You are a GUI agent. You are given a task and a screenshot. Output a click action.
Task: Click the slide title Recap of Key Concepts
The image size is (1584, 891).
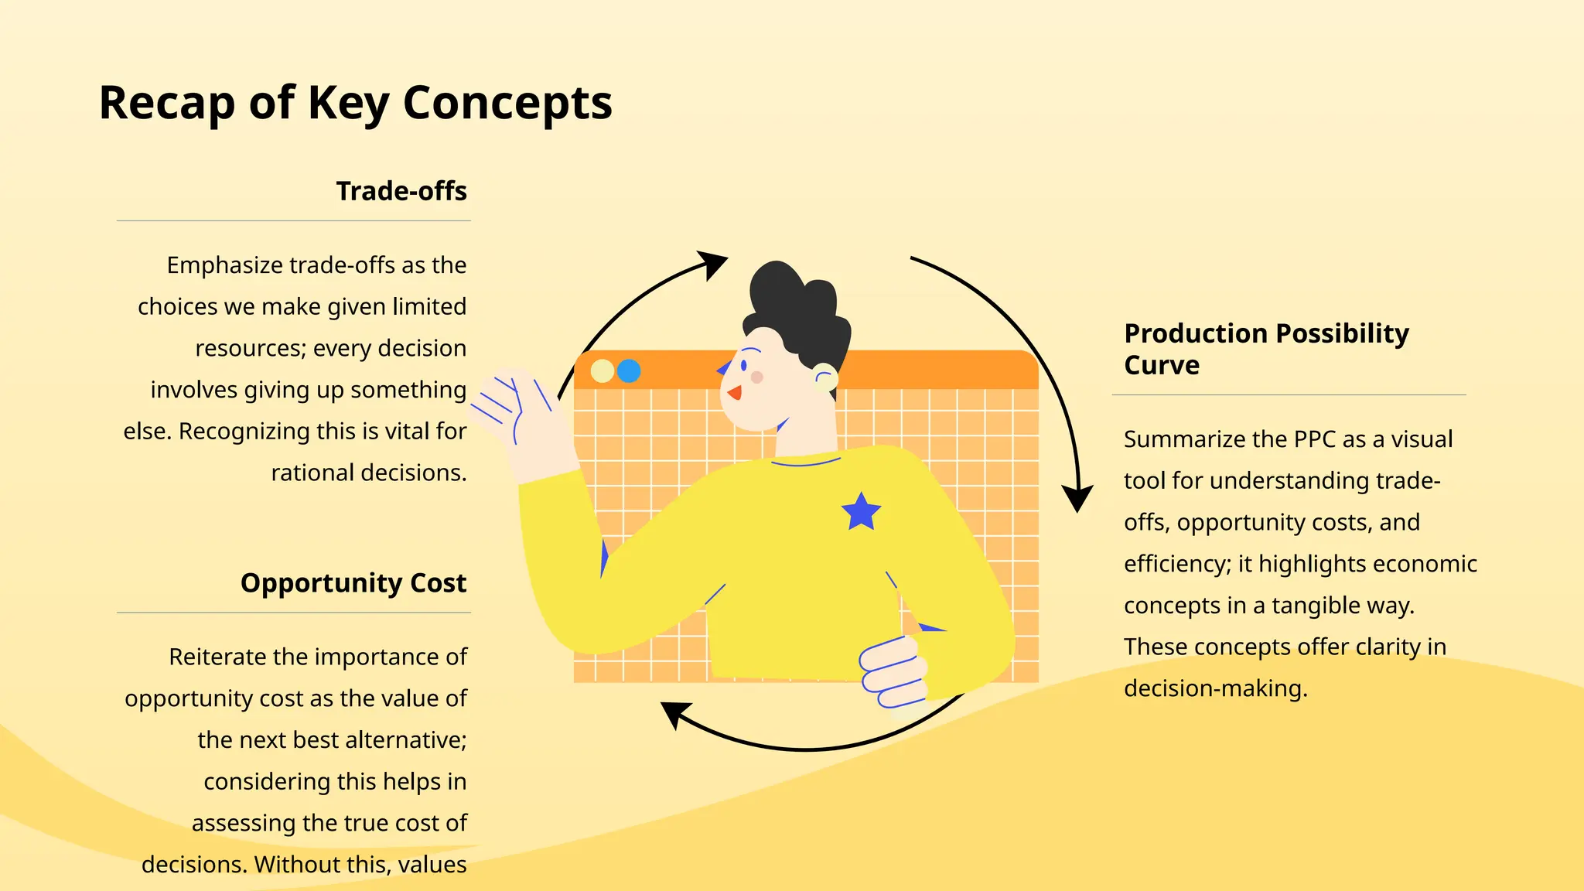pos(355,104)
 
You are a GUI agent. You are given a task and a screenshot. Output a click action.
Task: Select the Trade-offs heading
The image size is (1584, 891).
pos(401,191)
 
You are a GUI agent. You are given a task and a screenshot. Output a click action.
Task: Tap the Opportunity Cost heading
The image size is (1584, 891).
pos(353,582)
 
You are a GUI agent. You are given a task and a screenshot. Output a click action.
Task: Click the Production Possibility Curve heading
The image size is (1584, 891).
pos(1266,349)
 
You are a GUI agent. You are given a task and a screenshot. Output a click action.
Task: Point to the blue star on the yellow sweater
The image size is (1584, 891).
pos(861,512)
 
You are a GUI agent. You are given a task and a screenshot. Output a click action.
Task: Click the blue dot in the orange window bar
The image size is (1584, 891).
pos(629,371)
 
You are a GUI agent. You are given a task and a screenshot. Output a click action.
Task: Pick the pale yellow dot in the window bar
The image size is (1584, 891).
pos(603,371)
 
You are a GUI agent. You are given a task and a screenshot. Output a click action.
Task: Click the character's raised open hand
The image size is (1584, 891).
pos(518,410)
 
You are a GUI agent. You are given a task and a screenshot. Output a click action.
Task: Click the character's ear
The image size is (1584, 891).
pos(825,378)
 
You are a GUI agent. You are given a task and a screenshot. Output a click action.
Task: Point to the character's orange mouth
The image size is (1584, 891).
pos(735,393)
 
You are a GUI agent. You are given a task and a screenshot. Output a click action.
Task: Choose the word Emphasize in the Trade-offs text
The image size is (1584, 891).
pos(224,265)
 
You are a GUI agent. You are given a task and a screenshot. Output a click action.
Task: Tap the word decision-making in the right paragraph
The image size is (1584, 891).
pos(1215,688)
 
